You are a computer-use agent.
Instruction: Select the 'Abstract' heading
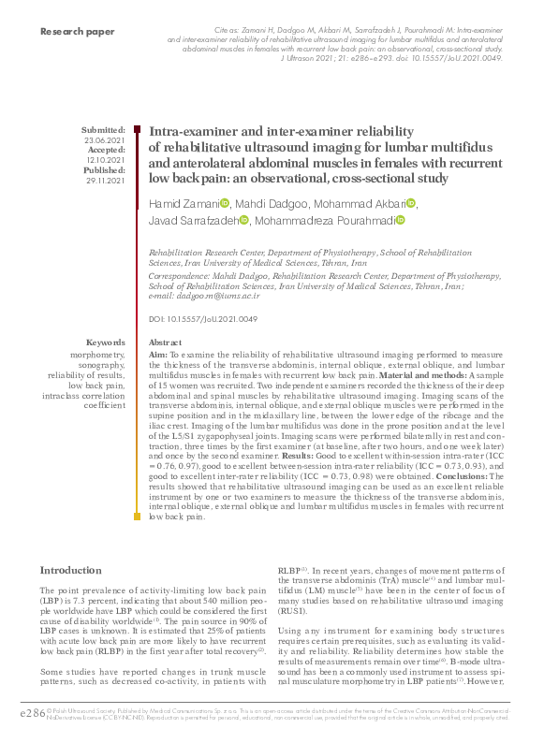click(166, 343)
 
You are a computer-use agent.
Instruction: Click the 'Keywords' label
click(105, 342)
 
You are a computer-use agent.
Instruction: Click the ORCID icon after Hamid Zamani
click(225, 204)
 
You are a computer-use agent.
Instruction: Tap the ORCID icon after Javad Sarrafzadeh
click(244, 221)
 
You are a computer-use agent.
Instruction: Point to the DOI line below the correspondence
click(202, 320)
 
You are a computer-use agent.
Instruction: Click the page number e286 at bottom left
click(20, 714)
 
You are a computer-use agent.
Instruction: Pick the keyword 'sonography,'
click(102, 365)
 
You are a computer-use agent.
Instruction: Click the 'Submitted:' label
click(103, 130)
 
